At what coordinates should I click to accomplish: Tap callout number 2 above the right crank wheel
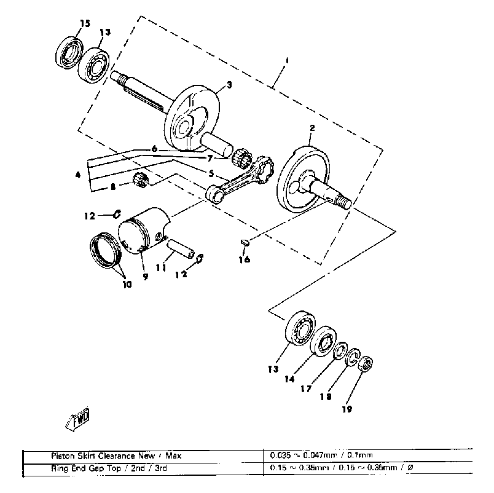tap(312, 128)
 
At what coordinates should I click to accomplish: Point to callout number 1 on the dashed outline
tap(286, 60)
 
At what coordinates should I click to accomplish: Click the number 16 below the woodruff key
tap(245, 259)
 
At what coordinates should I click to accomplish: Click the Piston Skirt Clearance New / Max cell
tap(116, 456)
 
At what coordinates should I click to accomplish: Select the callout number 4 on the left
tap(78, 175)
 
